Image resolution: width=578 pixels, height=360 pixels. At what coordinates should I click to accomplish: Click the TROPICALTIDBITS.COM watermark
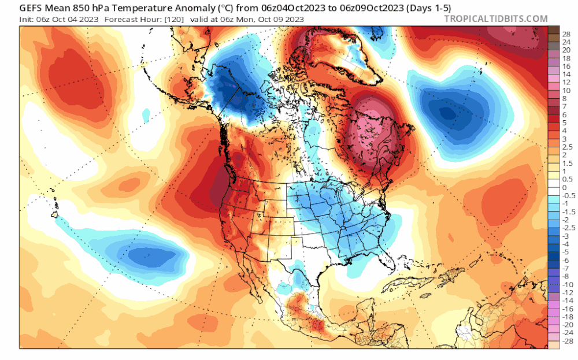[495, 18]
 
